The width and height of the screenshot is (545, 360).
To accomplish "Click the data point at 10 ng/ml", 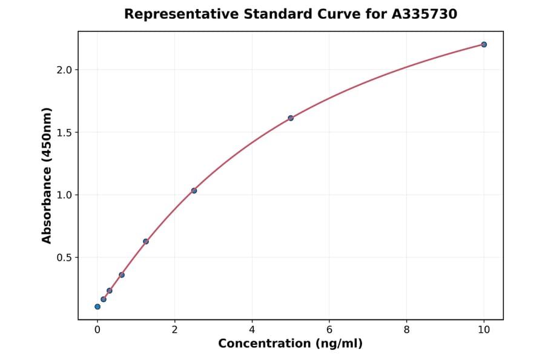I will (x=484, y=44).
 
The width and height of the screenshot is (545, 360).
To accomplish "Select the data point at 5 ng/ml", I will (x=291, y=118).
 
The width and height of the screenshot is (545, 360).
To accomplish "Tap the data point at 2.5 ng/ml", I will (x=194, y=190).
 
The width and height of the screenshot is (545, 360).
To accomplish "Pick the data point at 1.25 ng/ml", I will (x=146, y=241).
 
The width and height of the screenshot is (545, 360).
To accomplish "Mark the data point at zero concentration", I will (x=97, y=307).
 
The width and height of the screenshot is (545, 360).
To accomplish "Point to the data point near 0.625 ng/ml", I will (x=122, y=275).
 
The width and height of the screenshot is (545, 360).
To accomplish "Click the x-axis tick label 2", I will (x=174, y=330).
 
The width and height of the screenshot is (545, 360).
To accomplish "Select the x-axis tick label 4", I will (x=252, y=330).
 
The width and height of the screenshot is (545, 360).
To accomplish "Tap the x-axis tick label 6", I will (x=329, y=330).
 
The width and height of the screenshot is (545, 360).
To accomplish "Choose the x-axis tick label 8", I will (x=406, y=330).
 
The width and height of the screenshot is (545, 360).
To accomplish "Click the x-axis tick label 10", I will (x=484, y=330).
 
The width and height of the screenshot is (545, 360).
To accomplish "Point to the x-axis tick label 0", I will (x=97, y=330).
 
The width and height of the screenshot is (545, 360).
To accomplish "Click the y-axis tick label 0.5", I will (x=64, y=258).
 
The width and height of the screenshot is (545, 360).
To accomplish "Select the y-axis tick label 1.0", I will (x=64, y=195).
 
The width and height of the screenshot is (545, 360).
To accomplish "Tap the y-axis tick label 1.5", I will (x=64, y=133).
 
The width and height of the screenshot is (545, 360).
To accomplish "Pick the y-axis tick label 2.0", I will (x=64, y=70).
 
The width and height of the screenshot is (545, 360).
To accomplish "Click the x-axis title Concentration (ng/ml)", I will (x=290, y=344).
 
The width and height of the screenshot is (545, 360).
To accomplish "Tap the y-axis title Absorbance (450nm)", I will (x=47, y=175).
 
